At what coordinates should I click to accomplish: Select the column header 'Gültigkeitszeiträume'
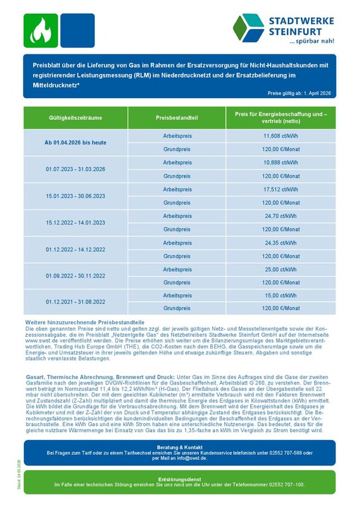click(x=76, y=117)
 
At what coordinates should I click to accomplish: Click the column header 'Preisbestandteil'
click(x=177, y=117)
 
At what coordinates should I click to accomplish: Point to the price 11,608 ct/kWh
click(x=280, y=135)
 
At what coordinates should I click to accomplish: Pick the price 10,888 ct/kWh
click(x=280, y=162)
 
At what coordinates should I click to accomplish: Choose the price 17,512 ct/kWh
click(x=280, y=189)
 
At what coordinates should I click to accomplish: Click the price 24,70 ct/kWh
click(x=280, y=215)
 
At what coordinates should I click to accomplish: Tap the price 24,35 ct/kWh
click(x=280, y=243)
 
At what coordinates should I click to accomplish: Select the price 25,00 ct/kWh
click(x=280, y=269)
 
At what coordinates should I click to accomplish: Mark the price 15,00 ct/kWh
click(x=280, y=295)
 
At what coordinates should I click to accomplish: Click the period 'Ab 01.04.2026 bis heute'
click(x=76, y=142)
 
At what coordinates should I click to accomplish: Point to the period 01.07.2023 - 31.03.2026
click(x=76, y=169)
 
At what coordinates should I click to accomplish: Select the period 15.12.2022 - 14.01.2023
click(x=76, y=223)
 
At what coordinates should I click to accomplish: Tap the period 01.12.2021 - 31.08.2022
click(x=76, y=302)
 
